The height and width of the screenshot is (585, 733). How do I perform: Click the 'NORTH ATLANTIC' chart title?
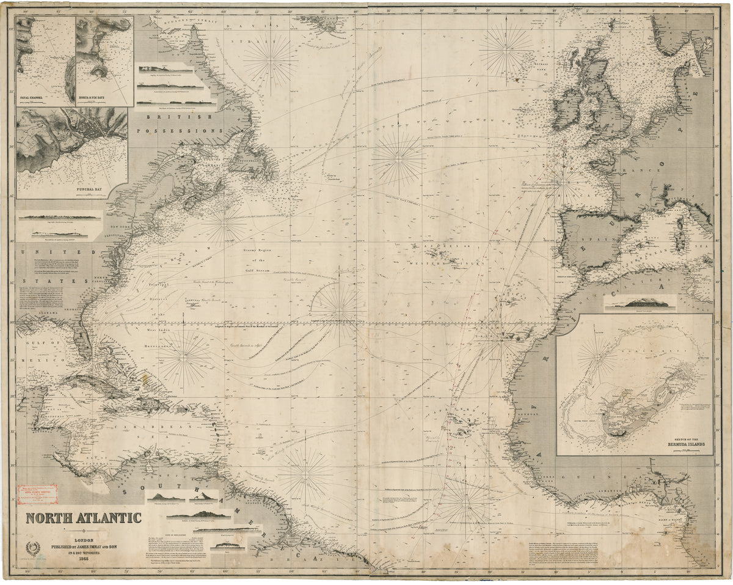83,518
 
